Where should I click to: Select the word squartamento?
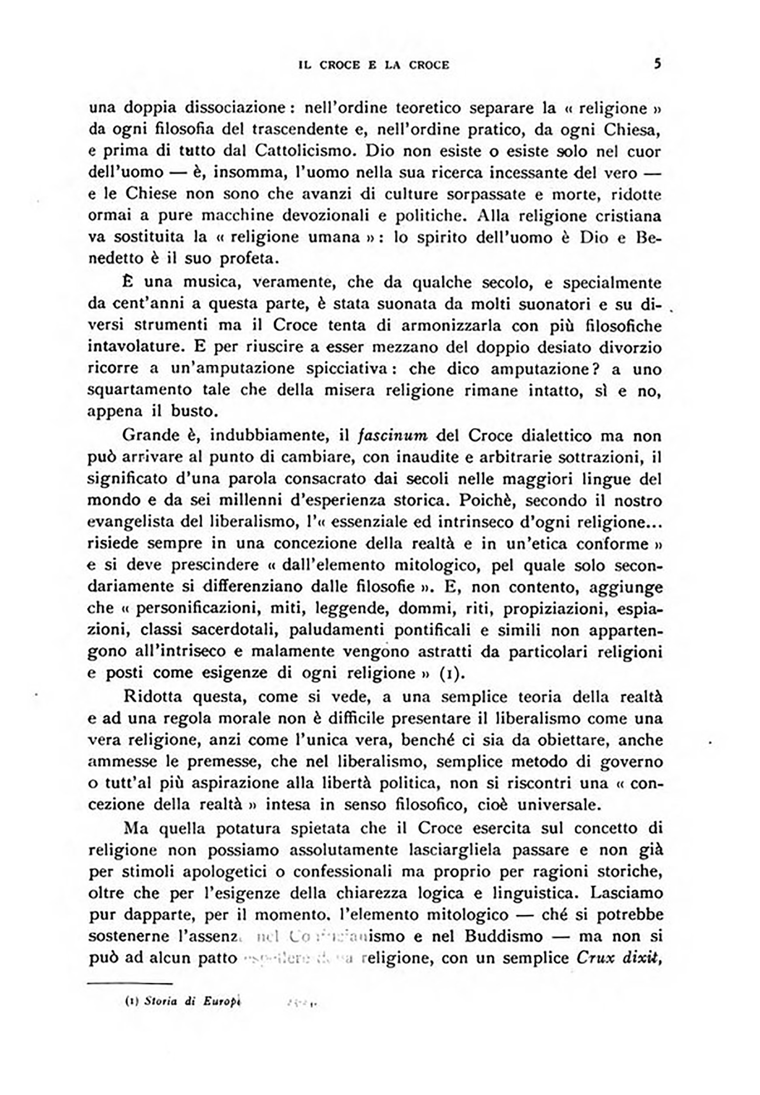[141, 390]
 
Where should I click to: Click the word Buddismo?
[503, 936]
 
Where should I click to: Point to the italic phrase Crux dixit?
[618, 957]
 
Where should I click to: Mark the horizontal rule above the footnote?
[130, 982]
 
